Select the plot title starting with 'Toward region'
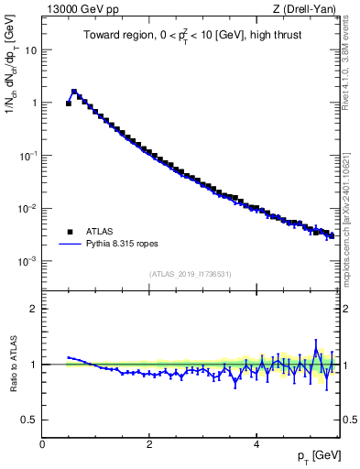coord(190,37)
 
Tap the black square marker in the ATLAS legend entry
coord(70,232)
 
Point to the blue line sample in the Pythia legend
coord(71,245)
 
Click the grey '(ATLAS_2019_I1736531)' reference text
coord(191,273)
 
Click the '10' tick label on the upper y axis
coord(30,50)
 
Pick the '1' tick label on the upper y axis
coord(34,103)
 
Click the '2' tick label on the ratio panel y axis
coord(34,309)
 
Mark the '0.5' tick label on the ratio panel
coord(29,420)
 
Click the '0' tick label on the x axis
coord(42,443)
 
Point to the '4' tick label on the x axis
coord(256,443)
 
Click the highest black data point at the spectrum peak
coord(74,92)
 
